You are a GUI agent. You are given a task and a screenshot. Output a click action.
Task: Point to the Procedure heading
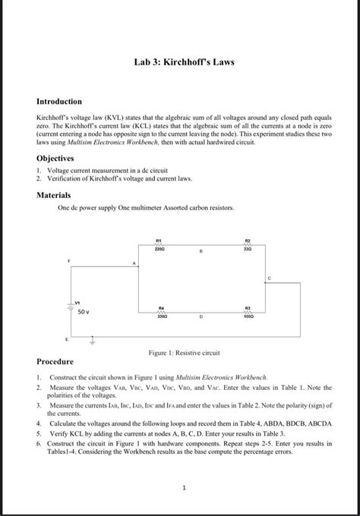click(55, 361)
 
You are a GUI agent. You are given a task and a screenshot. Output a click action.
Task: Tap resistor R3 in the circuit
click(248, 310)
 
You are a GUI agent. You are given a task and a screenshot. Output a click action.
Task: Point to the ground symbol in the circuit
click(93, 341)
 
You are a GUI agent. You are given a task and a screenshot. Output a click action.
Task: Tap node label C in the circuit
click(268, 279)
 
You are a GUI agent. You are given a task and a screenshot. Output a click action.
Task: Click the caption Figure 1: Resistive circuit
click(179, 353)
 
